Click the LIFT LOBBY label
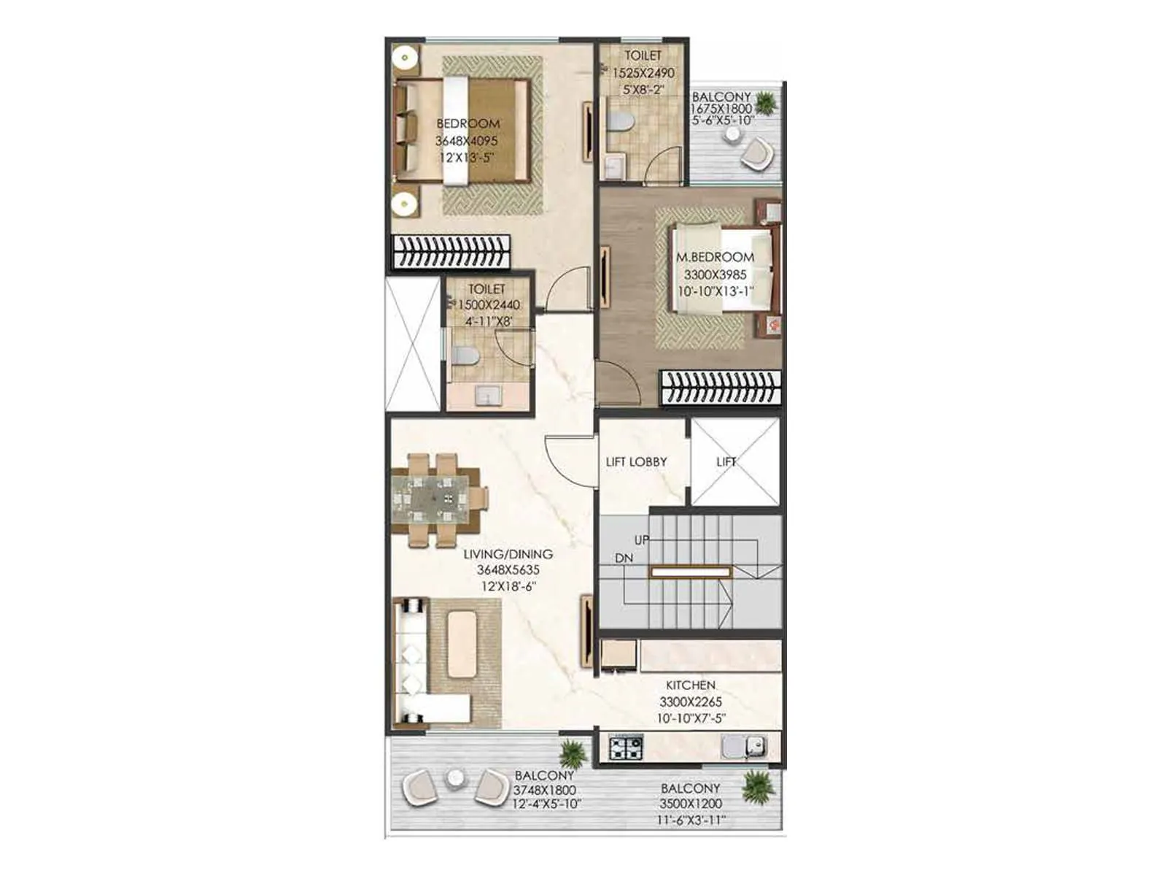636,462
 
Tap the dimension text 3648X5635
508,570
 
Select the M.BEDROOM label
715,258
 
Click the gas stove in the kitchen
626,748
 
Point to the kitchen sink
744,747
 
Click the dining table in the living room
430,500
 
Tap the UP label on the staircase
642,540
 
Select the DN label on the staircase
624,558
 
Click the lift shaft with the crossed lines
735,461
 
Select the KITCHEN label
690,685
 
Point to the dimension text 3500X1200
690,804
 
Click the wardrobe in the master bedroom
721,387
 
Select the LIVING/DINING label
508,555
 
